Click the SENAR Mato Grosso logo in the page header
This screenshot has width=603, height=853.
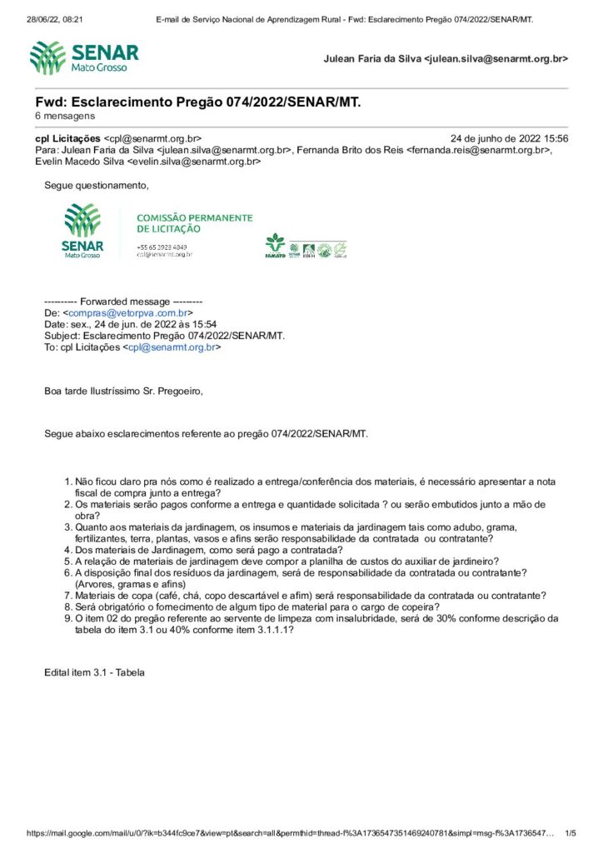pos(83,57)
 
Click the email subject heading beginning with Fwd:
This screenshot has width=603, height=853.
pos(198,102)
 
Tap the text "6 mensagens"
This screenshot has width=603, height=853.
pos(65,116)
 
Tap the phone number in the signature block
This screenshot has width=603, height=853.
pos(162,247)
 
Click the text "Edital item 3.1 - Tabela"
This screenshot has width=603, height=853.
pos(94,671)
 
